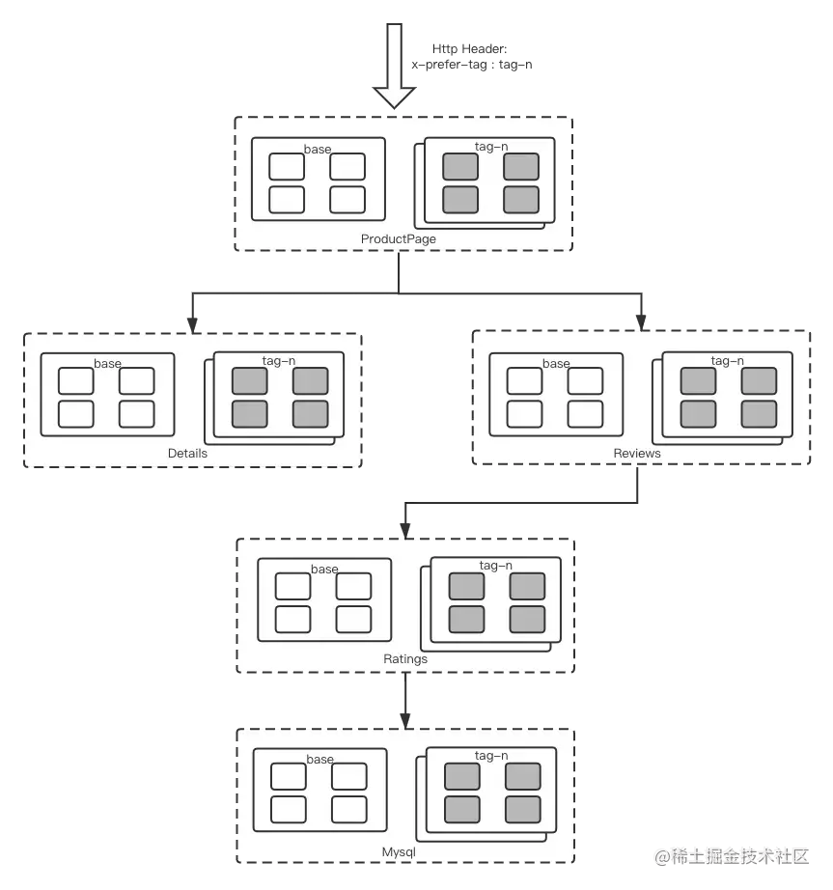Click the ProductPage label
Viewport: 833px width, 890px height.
click(x=399, y=239)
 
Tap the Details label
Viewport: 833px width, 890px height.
click(x=187, y=453)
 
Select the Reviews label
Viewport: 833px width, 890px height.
click(x=637, y=453)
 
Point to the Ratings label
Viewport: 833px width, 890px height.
click(x=405, y=659)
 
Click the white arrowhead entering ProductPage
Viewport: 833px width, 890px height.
click(x=396, y=97)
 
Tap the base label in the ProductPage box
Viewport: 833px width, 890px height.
click(x=318, y=150)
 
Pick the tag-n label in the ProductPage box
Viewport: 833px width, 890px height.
click(x=491, y=147)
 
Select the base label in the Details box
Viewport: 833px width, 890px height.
click(x=108, y=364)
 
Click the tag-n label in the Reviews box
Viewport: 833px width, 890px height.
click(x=727, y=361)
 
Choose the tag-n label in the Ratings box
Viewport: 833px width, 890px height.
click(x=495, y=566)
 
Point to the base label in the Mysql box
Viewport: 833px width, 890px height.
click(x=319, y=760)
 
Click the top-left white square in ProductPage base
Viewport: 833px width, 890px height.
click(x=287, y=167)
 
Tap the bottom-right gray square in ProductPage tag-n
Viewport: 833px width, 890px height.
click(x=520, y=200)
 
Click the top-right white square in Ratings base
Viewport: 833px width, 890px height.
click(x=353, y=586)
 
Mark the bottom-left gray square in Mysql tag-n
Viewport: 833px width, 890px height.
click(x=461, y=809)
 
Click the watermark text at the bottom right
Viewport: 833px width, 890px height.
click(x=731, y=855)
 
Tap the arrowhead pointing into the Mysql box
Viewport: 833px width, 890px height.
click(x=405, y=718)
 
